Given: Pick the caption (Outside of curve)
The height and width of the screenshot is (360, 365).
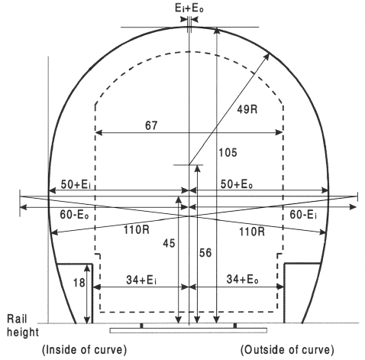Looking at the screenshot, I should pyautogui.click(x=286, y=350).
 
